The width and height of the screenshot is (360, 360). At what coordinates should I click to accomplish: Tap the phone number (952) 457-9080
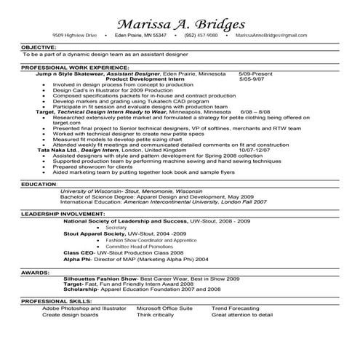pyautogui.click(x=201, y=35)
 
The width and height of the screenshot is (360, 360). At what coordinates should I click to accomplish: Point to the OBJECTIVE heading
pyautogui.click(x=39, y=47)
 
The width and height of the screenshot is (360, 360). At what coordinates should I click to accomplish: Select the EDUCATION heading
pyautogui.click(x=39, y=185)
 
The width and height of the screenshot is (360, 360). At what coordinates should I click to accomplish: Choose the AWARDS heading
pyautogui.click(x=35, y=272)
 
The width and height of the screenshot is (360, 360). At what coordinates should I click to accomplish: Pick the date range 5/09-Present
pyautogui.click(x=255, y=73)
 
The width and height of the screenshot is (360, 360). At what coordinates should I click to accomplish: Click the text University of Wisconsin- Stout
pyautogui.click(x=95, y=191)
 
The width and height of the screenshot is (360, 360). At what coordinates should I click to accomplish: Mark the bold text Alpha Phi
pyautogui.click(x=76, y=259)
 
